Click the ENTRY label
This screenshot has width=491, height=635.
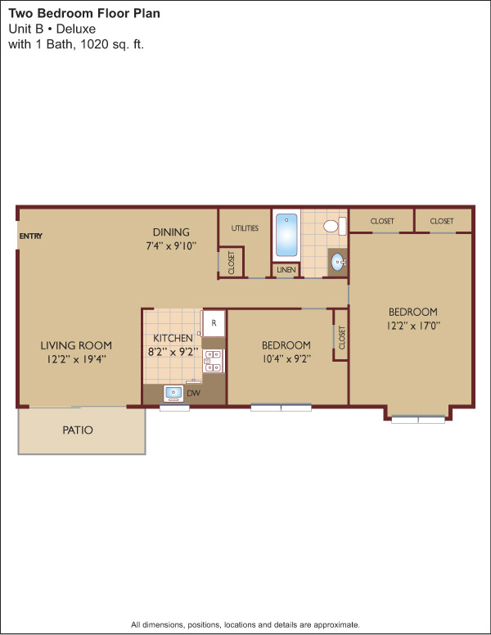point(31,236)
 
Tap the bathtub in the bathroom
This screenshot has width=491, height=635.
point(286,236)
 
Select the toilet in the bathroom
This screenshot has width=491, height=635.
point(335,226)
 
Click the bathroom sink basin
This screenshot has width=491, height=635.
point(338,263)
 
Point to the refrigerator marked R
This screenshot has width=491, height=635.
point(214,323)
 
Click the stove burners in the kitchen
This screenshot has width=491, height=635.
point(213,361)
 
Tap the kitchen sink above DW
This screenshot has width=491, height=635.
point(173,394)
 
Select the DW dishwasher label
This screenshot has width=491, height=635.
point(194,394)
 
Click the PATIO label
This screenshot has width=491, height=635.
point(78,430)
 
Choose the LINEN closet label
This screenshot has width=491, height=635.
point(286,270)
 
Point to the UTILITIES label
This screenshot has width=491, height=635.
point(245,228)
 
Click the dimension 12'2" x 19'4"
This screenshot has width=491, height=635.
point(77,359)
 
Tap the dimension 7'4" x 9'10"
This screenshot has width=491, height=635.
point(171,245)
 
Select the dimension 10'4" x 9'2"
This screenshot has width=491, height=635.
point(286,358)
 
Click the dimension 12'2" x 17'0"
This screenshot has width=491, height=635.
point(413,326)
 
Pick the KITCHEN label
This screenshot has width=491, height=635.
point(173,338)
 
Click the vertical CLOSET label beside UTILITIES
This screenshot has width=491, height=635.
point(232,263)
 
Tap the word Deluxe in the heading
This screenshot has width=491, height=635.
point(76,29)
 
